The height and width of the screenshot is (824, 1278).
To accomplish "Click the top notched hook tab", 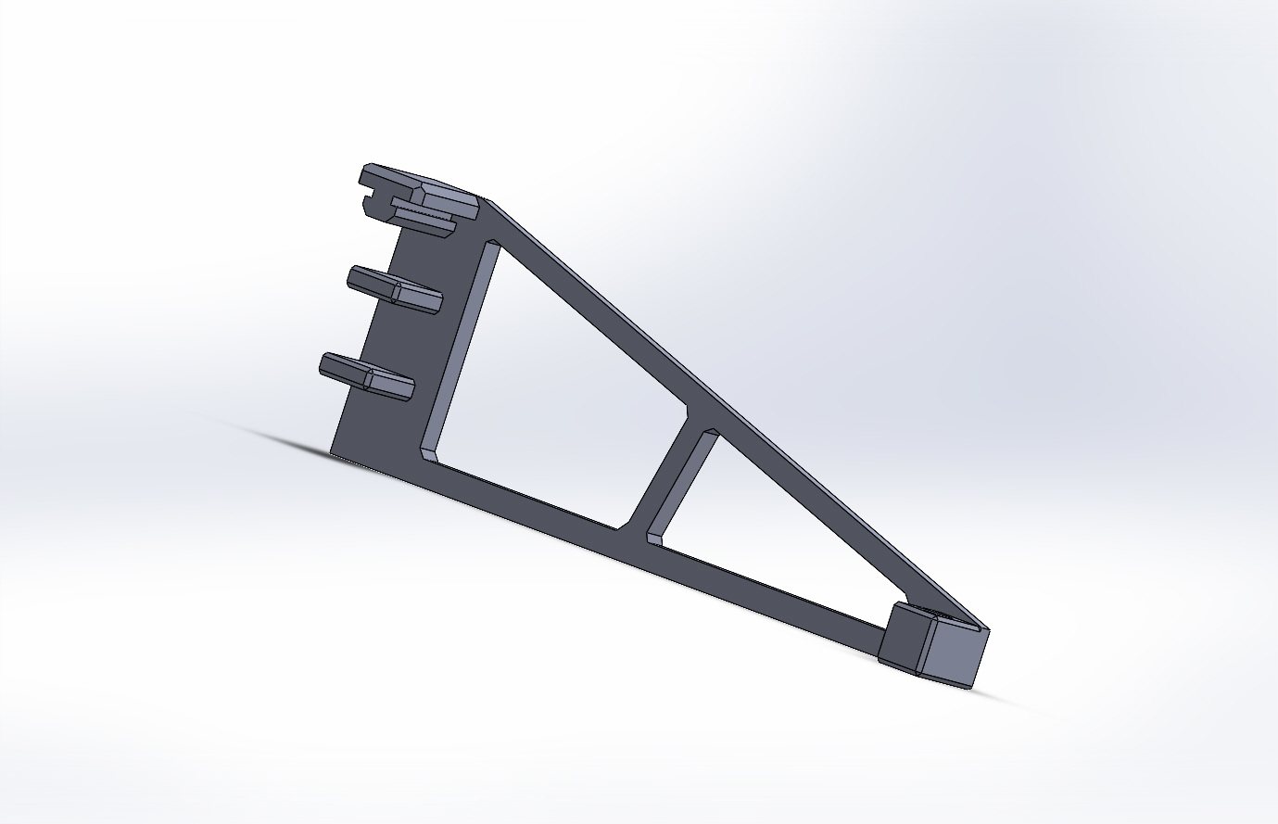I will [x=417, y=190].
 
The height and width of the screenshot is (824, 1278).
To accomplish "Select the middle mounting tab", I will [x=394, y=288].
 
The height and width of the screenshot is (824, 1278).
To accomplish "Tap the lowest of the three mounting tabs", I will [x=366, y=375].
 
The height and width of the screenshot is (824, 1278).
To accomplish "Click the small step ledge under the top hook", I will [x=426, y=222].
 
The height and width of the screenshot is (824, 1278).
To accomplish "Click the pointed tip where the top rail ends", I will [x=986, y=628].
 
